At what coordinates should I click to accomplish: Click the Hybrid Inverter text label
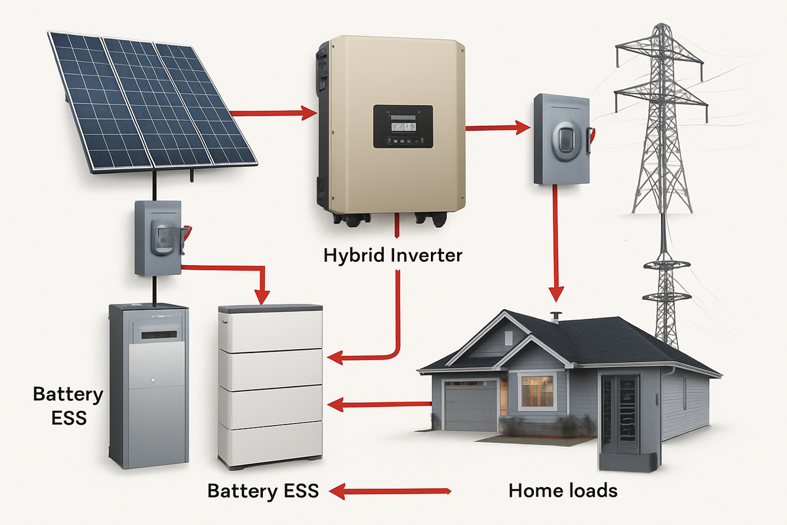pyautogui.click(x=393, y=255)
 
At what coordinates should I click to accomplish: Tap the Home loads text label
pyautogui.click(x=563, y=490)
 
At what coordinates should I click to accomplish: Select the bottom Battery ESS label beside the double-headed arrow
pyautogui.click(x=263, y=490)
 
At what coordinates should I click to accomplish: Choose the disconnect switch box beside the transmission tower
pyautogui.click(x=561, y=139)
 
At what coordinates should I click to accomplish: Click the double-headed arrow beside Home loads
pyautogui.click(x=391, y=490)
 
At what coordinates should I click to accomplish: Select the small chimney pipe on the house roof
pyautogui.click(x=557, y=317)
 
